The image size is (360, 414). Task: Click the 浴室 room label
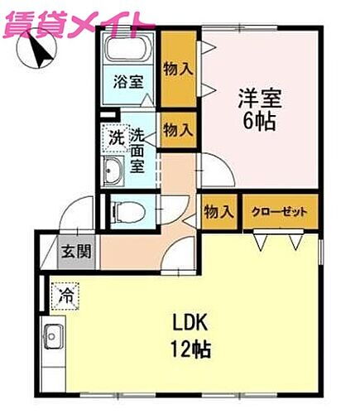coord(127,82)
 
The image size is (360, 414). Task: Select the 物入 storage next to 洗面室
coord(179,129)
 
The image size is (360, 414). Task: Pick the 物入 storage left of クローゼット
coord(218,212)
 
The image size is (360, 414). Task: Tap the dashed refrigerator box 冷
coord(64,294)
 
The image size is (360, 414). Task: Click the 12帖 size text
coord(191,348)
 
